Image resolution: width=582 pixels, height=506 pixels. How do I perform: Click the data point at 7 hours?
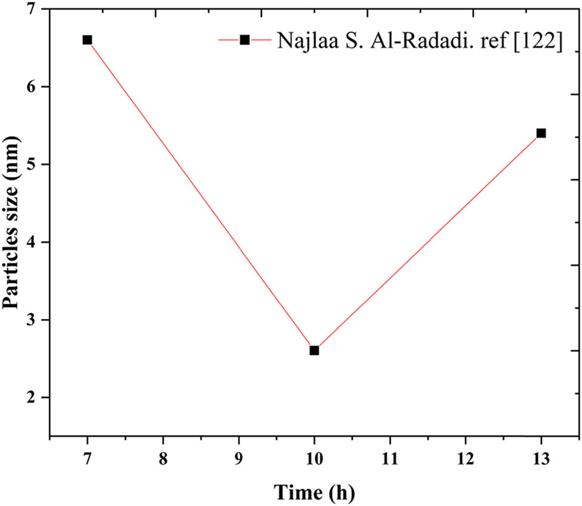click(x=87, y=40)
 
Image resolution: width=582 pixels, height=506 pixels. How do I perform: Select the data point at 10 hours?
click(x=314, y=350)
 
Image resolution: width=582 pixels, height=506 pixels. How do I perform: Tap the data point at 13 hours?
click(x=541, y=133)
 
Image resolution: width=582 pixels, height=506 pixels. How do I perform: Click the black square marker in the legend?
click(x=245, y=39)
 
